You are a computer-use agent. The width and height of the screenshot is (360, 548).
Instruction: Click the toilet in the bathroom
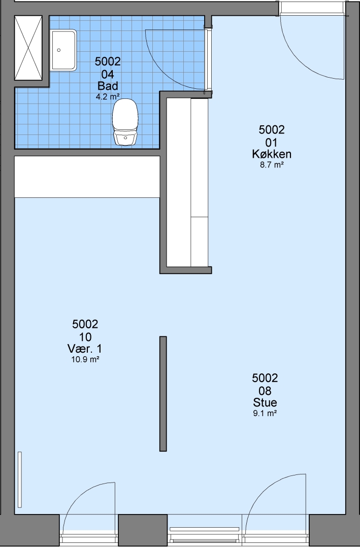tap(125, 122)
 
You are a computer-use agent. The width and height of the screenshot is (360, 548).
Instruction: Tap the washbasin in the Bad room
tap(63, 50)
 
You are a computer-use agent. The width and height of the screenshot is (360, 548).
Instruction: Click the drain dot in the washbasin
tap(59, 50)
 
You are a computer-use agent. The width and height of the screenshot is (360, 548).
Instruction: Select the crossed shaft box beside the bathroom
tap(28, 48)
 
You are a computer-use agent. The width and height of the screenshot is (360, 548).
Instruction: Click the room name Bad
tap(108, 86)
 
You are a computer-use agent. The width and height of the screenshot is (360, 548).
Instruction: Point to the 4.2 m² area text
tap(108, 97)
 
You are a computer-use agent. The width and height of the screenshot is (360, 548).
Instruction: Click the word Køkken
tap(272, 154)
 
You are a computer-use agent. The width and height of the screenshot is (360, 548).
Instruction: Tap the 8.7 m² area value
tap(272, 164)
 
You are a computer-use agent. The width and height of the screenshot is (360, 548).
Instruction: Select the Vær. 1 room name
tap(85, 349)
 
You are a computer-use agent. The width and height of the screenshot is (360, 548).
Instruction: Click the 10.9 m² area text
tap(85, 359)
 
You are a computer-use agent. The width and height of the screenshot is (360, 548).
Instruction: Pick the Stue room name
tap(265, 402)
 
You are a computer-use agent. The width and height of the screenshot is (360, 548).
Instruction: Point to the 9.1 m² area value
tap(265, 414)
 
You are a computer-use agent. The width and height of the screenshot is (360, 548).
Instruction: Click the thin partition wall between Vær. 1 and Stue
tap(163, 394)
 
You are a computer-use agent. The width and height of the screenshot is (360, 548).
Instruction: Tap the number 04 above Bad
tap(108, 74)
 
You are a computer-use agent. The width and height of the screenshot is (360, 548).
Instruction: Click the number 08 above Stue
tap(265, 391)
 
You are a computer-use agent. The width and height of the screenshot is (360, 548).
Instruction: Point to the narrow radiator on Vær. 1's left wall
tap(20, 479)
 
